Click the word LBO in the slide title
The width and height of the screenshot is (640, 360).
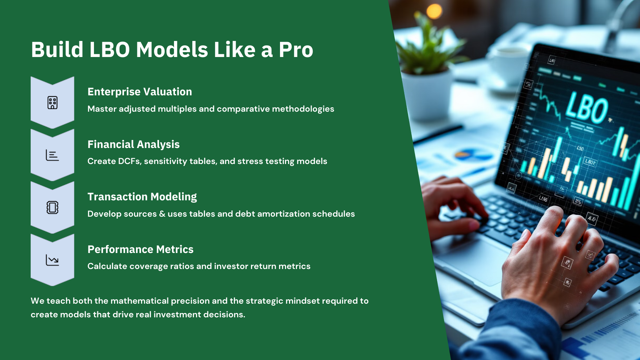click(x=109, y=50)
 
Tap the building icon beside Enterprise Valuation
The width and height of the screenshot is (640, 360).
click(x=52, y=103)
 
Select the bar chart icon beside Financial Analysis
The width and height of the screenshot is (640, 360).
click(x=52, y=155)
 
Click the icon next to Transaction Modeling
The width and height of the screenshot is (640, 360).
click(x=52, y=207)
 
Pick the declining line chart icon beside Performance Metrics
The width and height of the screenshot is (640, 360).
click(x=52, y=260)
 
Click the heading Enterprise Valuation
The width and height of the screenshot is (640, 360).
click(x=140, y=92)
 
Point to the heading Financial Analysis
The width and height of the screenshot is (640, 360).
click(x=133, y=144)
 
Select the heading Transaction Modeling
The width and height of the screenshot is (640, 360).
click(x=142, y=197)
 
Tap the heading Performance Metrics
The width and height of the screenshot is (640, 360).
click(x=140, y=249)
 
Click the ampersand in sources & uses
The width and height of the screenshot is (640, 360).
click(x=162, y=214)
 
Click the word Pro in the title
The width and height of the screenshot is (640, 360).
click(x=296, y=50)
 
